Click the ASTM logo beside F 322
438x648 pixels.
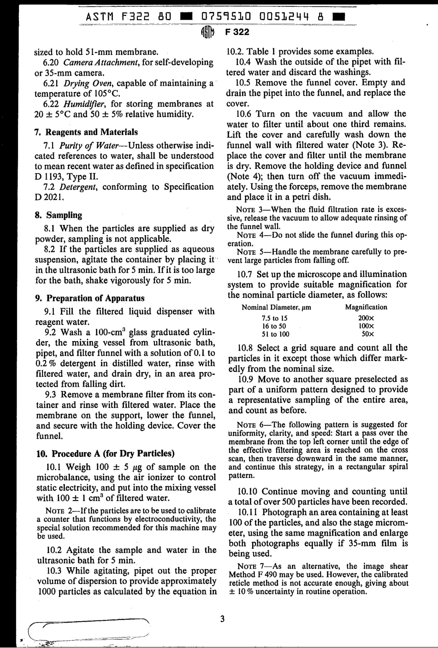coord(208,32)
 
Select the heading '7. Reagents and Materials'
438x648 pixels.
coord(86,132)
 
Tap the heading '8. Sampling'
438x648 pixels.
coord(59,215)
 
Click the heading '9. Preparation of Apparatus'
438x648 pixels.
coord(90,298)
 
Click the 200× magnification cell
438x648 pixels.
coord(366,318)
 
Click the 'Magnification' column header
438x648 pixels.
coord(366,307)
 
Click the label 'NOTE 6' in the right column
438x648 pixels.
coord(249,424)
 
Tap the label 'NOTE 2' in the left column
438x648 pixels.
coord(57,511)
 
